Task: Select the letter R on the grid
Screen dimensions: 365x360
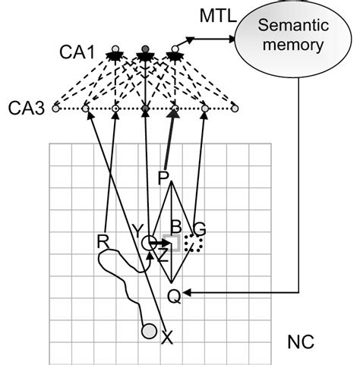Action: pyautogui.click(x=103, y=241)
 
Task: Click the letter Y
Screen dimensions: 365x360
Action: pyautogui.click(x=137, y=230)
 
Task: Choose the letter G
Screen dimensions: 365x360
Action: pyautogui.click(x=200, y=228)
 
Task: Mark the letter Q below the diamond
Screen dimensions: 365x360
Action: pyautogui.click(x=174, y=297)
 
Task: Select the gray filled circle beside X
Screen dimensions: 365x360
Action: pyautogui.click(x=149, y=330)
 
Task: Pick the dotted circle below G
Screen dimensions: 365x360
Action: pyautogui.click(x=195, y=244)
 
